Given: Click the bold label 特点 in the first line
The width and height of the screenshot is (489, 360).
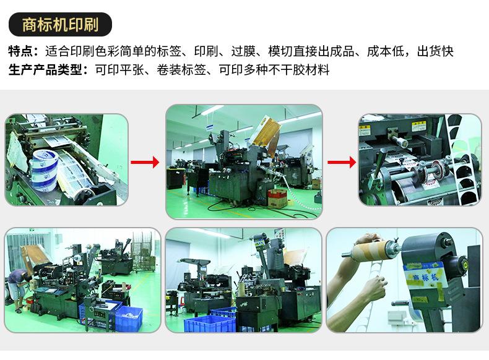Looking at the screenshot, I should (23, 51).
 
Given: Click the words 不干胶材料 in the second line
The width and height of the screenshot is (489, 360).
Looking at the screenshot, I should (300, 70).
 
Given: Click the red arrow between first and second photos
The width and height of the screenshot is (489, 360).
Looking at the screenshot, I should (146, 162).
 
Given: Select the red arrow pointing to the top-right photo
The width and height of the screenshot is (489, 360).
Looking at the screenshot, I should (341, 162).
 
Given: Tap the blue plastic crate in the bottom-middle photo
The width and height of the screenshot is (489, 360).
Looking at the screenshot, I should (214, 322).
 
